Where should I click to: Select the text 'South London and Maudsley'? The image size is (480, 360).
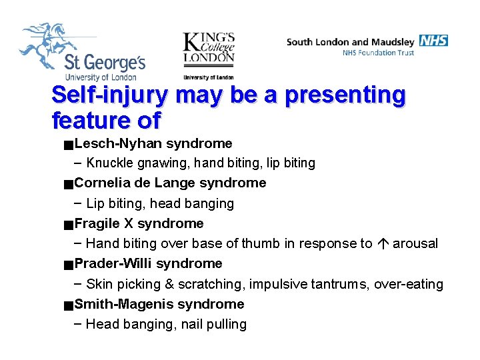(x=351, y=41)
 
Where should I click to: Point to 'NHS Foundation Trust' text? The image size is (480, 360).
(x=378, y=53)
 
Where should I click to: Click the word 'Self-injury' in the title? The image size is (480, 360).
(x=109, y=95)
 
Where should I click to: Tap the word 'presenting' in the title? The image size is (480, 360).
(x=345, y=95)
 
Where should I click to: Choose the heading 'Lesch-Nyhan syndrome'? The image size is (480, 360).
(x=153, y=143)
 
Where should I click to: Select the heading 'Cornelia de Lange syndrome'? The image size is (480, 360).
(x=170, y=183)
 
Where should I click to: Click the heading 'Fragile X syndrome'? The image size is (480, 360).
(x=139, y=223)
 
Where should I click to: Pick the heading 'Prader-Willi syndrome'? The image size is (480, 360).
(x=148, y=263)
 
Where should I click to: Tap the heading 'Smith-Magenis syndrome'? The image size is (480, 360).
(x=159, y=304)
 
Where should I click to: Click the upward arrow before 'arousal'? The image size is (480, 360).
(x=383, y=244)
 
